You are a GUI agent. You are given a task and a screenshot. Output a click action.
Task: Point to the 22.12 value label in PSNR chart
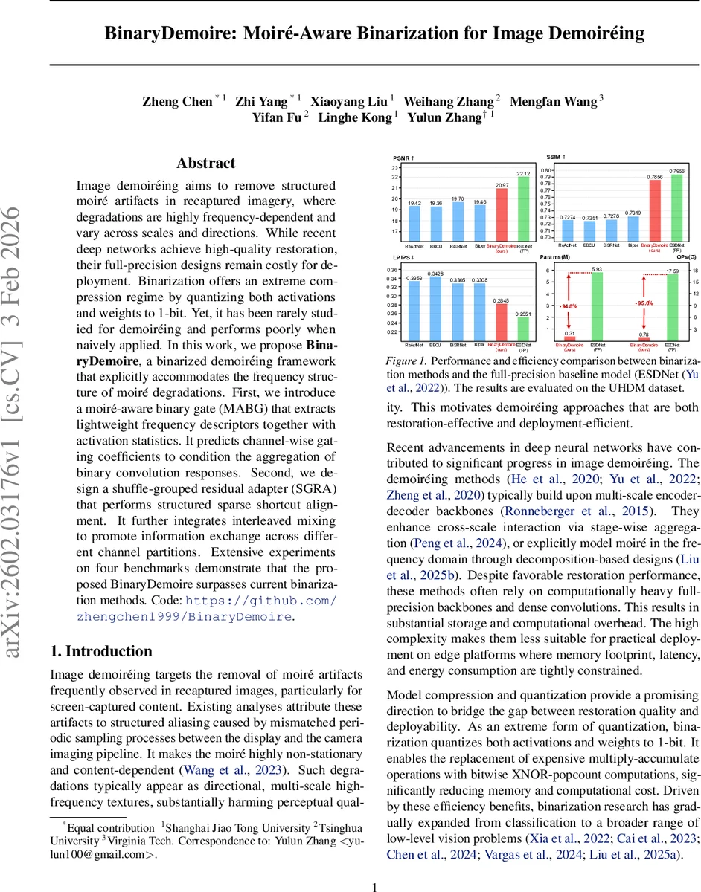pyautogui.click(x=524, y=174)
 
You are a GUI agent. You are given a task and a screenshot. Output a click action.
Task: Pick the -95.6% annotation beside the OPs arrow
pyautogui.click(x=644, y=303)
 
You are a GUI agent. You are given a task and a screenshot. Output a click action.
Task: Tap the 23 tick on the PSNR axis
pyautogui.click(x=395, y=167)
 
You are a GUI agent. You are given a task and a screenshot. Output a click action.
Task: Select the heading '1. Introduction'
pyautogui.click(x=100, y=652)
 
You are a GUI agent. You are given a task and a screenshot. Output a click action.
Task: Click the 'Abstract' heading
pyautogui.click(x=205, y=164)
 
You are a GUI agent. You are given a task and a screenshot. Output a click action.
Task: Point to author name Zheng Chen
pyautogui.click(x=177, y=102)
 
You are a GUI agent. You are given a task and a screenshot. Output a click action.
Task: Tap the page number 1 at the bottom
pyautogui.click(x=375, y=866)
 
